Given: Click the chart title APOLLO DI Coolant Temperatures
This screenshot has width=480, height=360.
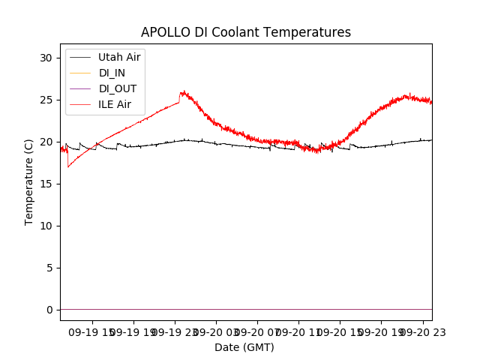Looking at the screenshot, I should tap(246, 32).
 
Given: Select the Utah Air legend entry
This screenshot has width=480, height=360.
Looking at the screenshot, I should tap(119, 57).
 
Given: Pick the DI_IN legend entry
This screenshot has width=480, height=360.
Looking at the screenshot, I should tap(112, 73).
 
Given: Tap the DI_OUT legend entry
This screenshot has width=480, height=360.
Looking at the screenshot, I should tap(117, 88).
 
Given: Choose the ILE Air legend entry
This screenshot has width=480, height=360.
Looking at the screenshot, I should tap(115, 104).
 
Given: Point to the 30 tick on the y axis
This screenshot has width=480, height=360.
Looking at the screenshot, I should tap(46, 58).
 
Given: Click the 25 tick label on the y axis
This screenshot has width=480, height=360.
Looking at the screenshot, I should tap(46, 100).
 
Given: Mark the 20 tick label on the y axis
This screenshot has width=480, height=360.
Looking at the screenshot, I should tap(46, 142).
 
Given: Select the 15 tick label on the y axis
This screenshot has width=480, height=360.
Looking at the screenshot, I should tap(46, 184).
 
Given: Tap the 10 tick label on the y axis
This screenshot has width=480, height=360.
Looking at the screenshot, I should tap(46, 226).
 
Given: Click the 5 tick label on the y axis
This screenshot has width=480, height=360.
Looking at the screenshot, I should tap(49, 268).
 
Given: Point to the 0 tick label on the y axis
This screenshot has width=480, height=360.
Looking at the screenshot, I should tap(49, 310).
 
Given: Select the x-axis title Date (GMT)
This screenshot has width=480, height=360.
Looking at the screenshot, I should tap(244, 347).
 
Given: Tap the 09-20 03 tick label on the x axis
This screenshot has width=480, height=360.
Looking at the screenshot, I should tap(216, 331).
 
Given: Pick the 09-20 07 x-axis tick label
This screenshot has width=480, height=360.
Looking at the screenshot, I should tap(257, 331).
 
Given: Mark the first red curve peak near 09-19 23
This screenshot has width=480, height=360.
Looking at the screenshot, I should tap(182, 92).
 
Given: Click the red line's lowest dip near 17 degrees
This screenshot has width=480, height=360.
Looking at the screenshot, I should tap(68, 166).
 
